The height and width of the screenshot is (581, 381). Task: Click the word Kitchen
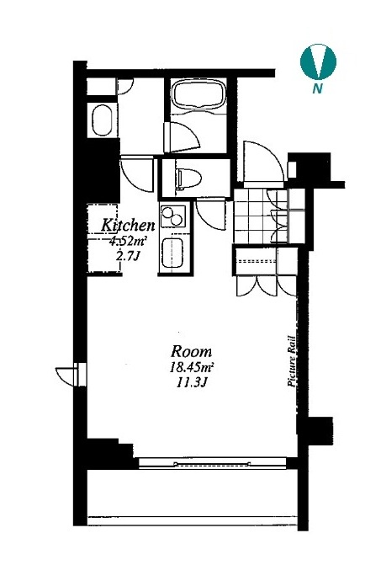coord(128,226)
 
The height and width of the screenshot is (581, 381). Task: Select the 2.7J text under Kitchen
coord(128,256)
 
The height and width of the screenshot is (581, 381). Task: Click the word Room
coord(192,351)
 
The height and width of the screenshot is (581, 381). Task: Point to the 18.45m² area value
coord(192,368)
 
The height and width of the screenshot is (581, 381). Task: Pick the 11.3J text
coord(191,383)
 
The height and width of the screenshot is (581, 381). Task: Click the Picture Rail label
coord(291,361)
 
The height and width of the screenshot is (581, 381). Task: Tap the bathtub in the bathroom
coord(198,95)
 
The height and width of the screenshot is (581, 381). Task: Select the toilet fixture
coord(189,178)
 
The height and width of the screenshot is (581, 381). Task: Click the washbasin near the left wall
coord(101,120)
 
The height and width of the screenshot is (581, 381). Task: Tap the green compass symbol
coord(318,61)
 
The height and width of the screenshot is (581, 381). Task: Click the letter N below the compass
coord(317,88)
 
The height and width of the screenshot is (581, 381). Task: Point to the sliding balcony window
coord(213,463)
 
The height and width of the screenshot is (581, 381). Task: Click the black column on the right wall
coord(315,430)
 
